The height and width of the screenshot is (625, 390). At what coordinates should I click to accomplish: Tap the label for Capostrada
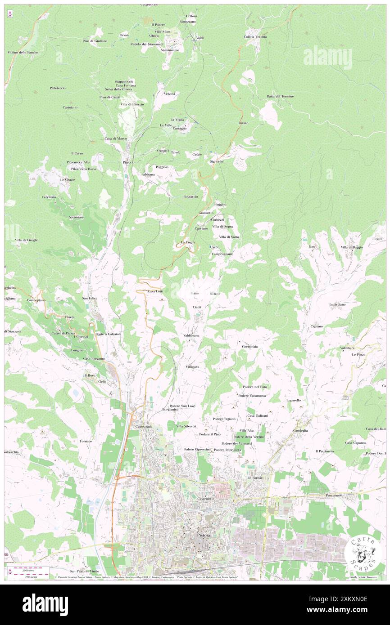(x=143, y=427)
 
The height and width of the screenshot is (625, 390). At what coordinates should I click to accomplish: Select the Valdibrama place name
(x=191, y=335)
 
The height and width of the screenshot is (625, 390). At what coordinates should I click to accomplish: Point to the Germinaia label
(x=249, y=347)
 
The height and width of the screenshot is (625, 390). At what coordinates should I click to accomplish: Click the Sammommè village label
(x=170, y=50)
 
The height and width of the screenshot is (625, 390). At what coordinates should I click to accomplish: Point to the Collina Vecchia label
(x=255, y=36)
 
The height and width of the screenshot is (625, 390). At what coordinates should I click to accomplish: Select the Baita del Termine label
(x=280, y=97)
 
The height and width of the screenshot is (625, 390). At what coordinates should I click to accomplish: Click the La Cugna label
(x=187, y=242)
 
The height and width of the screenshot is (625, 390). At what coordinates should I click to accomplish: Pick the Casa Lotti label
(x=155, y=291)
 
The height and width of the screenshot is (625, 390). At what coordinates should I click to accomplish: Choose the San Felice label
(x=89, y=298)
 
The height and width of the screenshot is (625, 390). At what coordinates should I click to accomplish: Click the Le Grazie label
(x=68, y=179)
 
